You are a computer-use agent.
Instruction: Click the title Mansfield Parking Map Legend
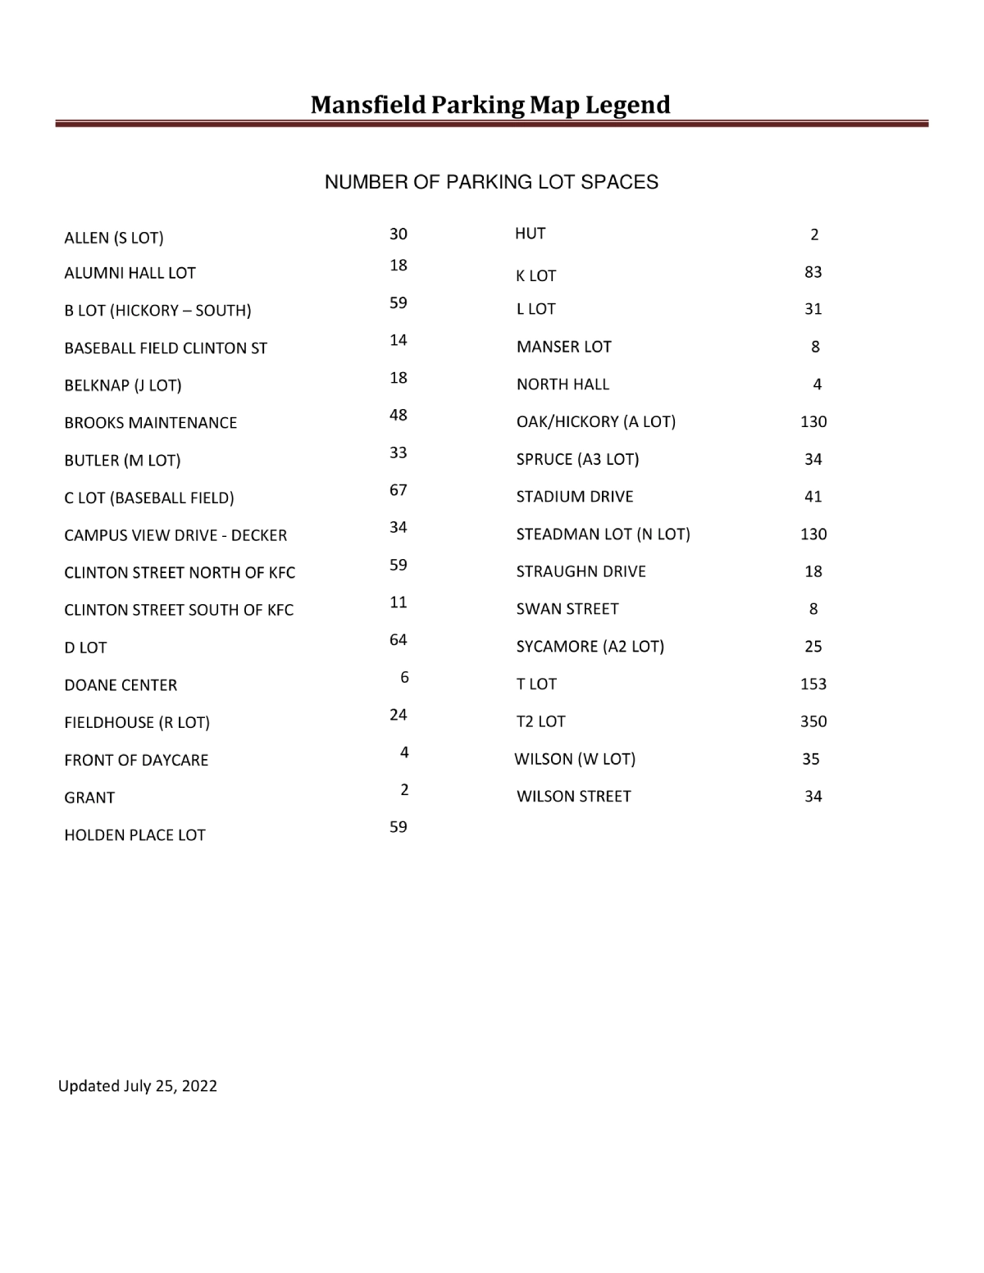click(x=490, y=105)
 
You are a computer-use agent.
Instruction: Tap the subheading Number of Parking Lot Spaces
click(x=491, y=182)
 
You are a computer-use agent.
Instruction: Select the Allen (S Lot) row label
click(x=114, y=238)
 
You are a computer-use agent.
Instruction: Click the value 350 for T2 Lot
click(x=813, y=721)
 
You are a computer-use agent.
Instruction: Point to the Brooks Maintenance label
click(x=151, y=423)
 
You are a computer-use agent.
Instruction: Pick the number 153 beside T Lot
click(x=813, y=684)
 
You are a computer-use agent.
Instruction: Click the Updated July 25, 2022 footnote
click(x=138, y=1086)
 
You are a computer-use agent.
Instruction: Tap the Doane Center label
click(x=121, y=685)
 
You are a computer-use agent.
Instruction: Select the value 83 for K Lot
click(x=813, y=272)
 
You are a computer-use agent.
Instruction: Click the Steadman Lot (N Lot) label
click(x=604, y=534)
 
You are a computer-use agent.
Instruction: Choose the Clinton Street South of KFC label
click(x=179, y=610)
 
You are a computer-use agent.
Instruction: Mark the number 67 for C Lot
click(x=399, y=490)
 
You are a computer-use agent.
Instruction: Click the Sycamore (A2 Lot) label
click(x=590, y=647)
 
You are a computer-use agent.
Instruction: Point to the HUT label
click(x=531, y=234)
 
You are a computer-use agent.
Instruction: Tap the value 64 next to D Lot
click(x=399, y=639)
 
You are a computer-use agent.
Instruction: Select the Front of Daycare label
click(x=136, y=760)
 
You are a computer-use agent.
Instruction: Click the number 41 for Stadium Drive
click(x=813, y=497)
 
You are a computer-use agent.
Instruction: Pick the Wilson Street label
click(x=574, y=797)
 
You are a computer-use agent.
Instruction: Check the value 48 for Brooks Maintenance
click(x=399, y=415)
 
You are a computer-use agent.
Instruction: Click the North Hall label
click(x=563, y=384)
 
